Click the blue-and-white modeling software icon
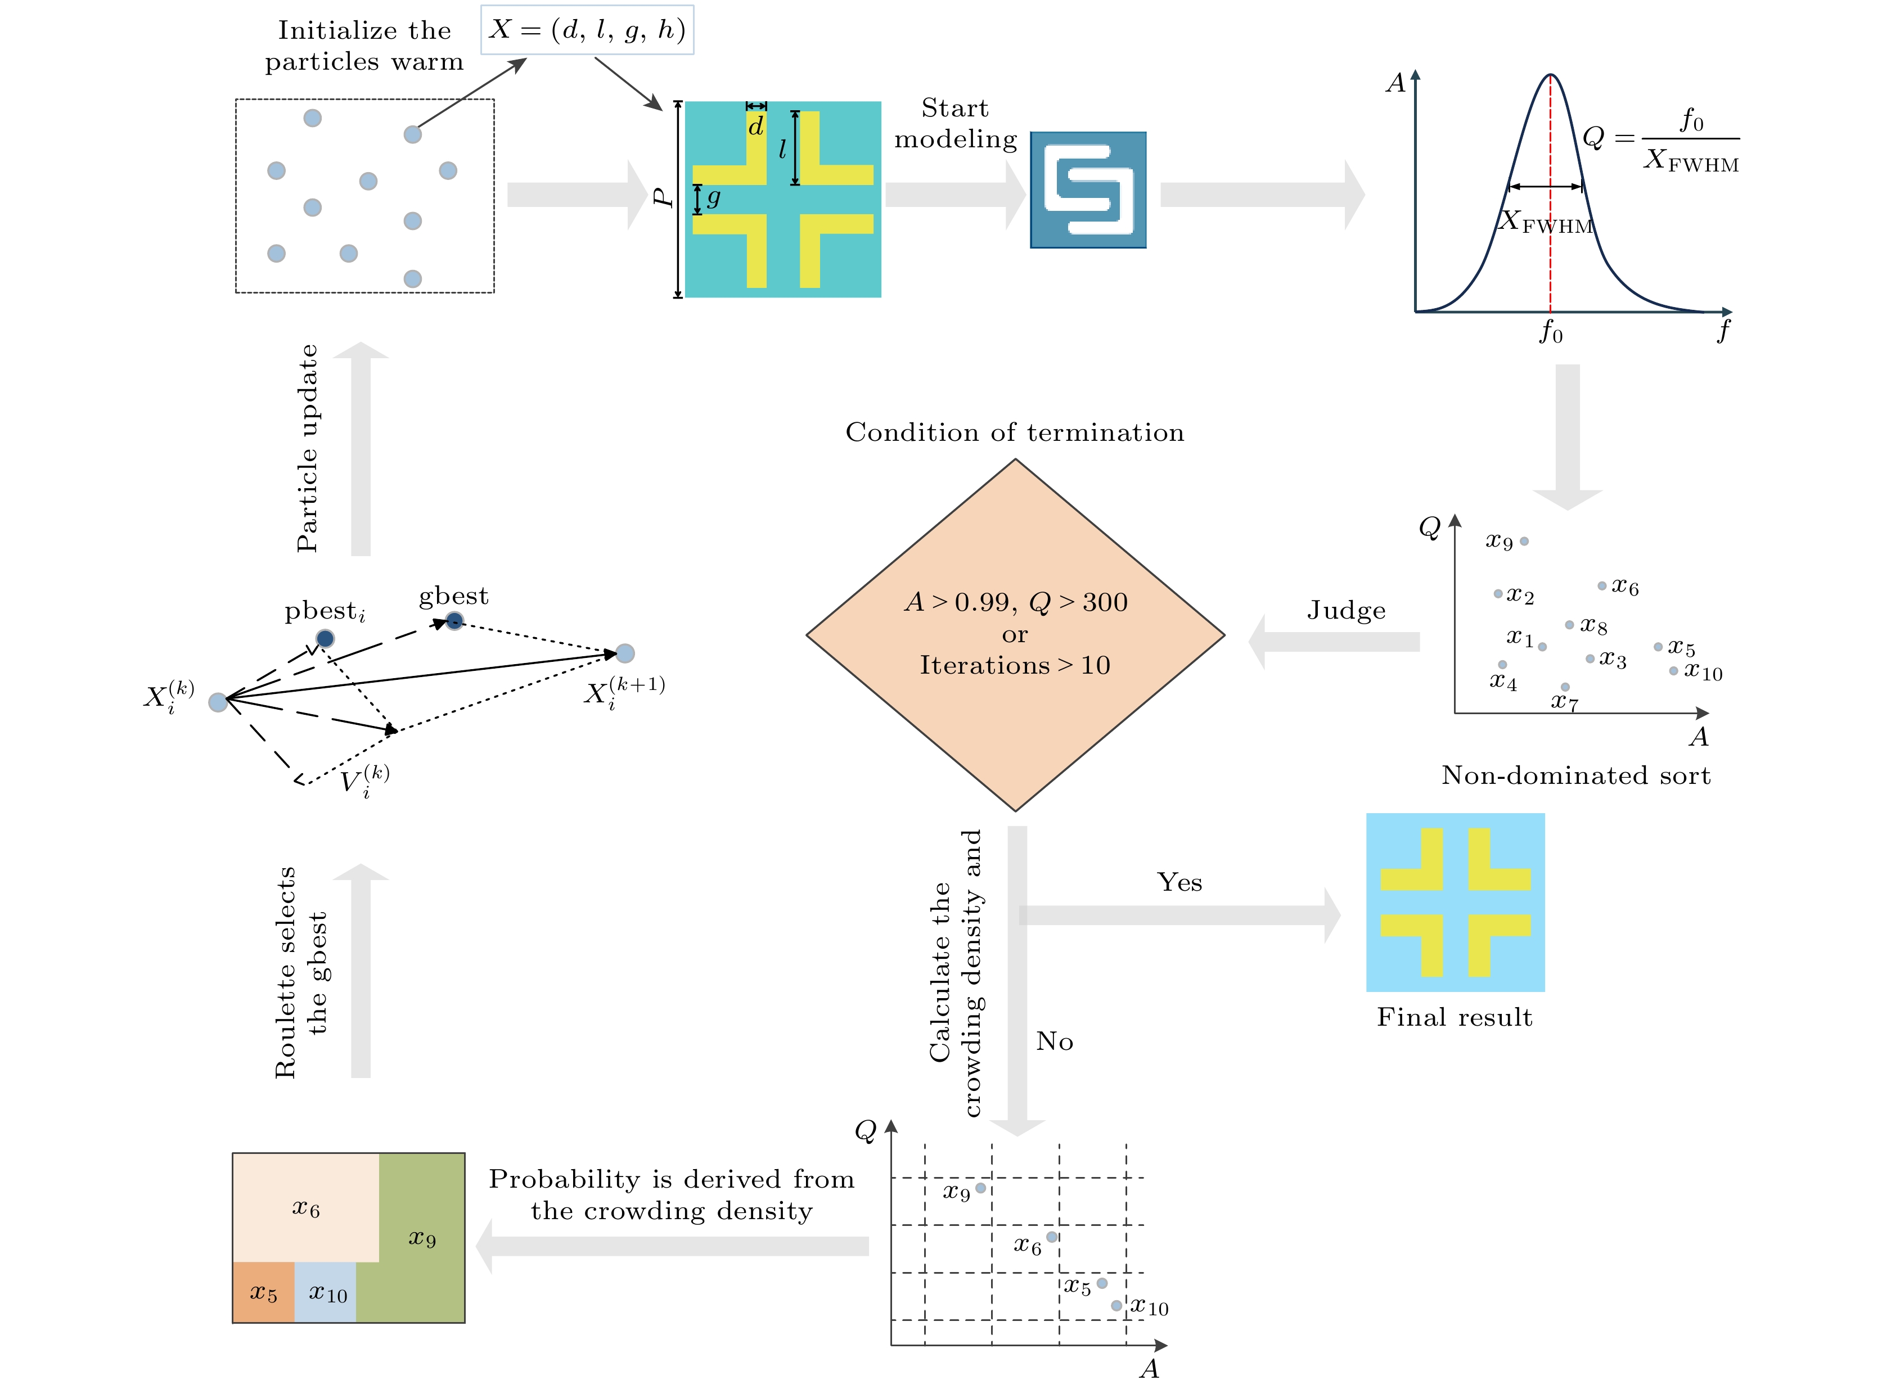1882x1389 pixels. (x=1088, y=190)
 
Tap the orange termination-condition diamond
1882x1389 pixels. (x=1015, y=635)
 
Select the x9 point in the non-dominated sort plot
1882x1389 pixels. (x=1524, y=542)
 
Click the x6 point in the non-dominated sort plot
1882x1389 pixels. (x=1602, y=586)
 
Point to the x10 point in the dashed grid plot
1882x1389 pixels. (x=1116, y=1306)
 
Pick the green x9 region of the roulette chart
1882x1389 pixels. (x=421, y=1238)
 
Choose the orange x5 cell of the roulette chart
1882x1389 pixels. (x=263, y=1292)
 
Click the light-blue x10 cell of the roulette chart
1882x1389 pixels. (x=326, y=1292)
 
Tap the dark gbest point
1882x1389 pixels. (x=454, y=621)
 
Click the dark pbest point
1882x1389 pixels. (x=325, y=638)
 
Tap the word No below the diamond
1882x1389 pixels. (x=1055, y=1041)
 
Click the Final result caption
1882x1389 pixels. (x=1455, y=1017)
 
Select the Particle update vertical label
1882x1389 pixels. (x=307, y=448)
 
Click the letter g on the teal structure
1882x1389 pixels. (x=714, y=199)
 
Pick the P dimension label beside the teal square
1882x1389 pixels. (x=663, y=197)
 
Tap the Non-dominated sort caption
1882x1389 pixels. (x=1576, y=775)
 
